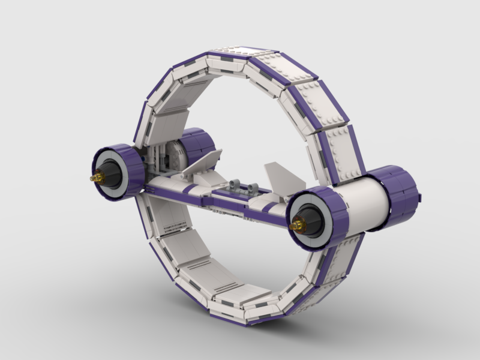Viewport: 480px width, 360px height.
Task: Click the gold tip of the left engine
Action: point(94,178)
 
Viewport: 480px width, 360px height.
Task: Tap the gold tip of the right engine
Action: point(294,226)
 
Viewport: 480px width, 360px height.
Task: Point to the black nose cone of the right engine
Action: point(308,221)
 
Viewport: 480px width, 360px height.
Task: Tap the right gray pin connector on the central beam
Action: point(252,187)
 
